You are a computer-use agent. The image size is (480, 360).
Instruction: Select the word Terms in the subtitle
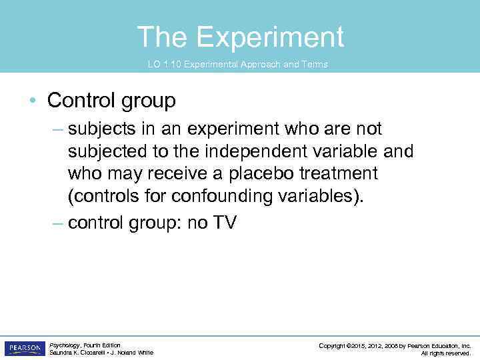tap(315, 65)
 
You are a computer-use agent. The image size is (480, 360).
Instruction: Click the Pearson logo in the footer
tap(24, 348)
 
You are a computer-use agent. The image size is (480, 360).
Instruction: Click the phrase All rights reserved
tap(446, 353)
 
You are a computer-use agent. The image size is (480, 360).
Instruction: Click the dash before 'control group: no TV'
tap(58, 223)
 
